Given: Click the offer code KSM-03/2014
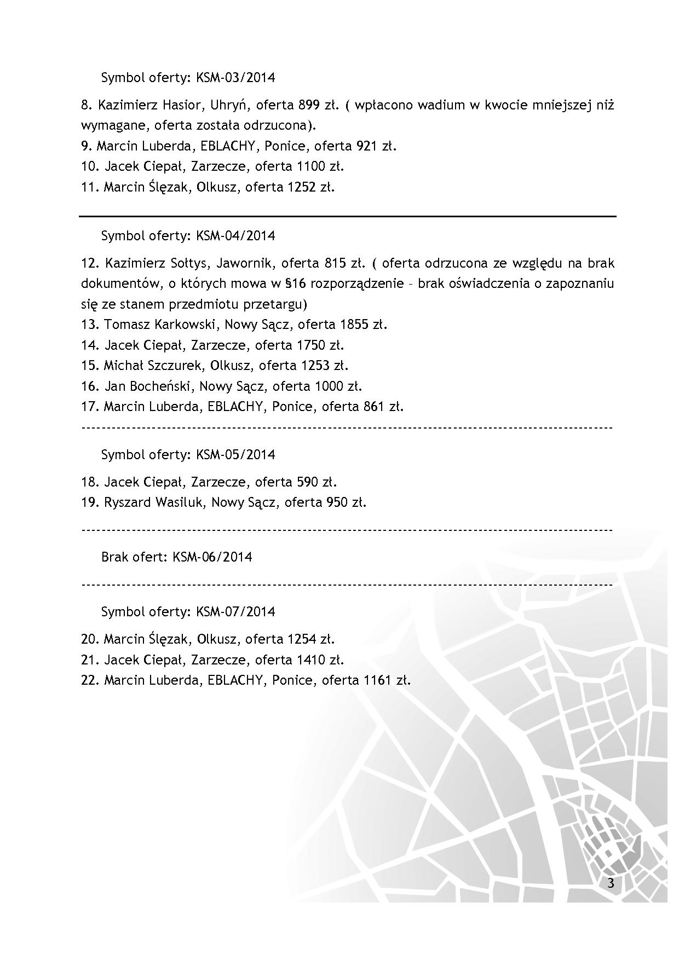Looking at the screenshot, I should pos(235,77).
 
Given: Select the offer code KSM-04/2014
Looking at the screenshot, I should pos(235,236).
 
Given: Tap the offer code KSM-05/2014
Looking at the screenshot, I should pos(235,455).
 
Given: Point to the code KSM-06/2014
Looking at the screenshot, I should pos(212,557).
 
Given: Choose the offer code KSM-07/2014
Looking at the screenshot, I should pos(235,612).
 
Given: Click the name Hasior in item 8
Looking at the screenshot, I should pos(178,105).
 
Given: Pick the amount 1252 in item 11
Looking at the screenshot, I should pos(301,187).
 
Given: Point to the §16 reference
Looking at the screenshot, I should pos(295,284).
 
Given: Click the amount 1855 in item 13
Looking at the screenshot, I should pos(354,325).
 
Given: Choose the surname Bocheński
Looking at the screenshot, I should pos(163,386).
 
